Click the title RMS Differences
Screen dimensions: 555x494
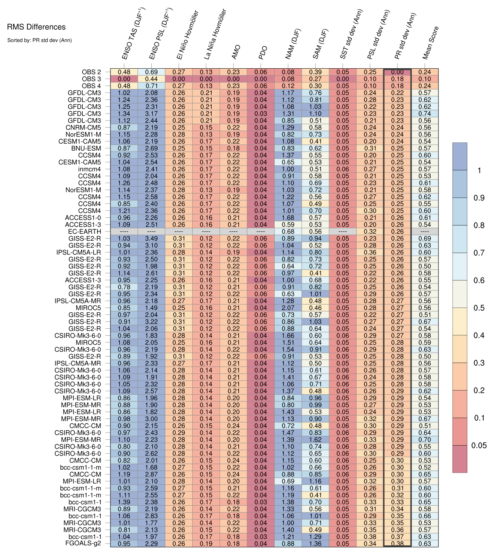36,27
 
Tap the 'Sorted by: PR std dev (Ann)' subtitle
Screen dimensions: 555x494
39,40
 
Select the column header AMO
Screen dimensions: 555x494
236,52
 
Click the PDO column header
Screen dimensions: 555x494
263,53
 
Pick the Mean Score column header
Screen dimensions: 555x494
431,43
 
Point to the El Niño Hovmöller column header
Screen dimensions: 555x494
188,35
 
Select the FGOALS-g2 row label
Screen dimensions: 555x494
83,543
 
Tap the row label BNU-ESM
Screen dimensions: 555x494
86,148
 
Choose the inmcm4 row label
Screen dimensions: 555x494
89,169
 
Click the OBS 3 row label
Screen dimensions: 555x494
91,79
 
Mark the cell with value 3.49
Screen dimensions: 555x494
152,239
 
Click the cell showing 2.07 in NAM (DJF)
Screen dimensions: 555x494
288,308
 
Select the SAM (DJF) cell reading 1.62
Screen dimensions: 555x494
315,440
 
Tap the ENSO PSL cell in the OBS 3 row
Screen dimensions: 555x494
152,79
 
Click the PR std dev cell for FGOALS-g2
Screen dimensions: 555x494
398,543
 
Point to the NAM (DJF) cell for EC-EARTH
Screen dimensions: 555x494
288,231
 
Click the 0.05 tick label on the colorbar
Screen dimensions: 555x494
479,446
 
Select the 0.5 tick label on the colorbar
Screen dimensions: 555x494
479,308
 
